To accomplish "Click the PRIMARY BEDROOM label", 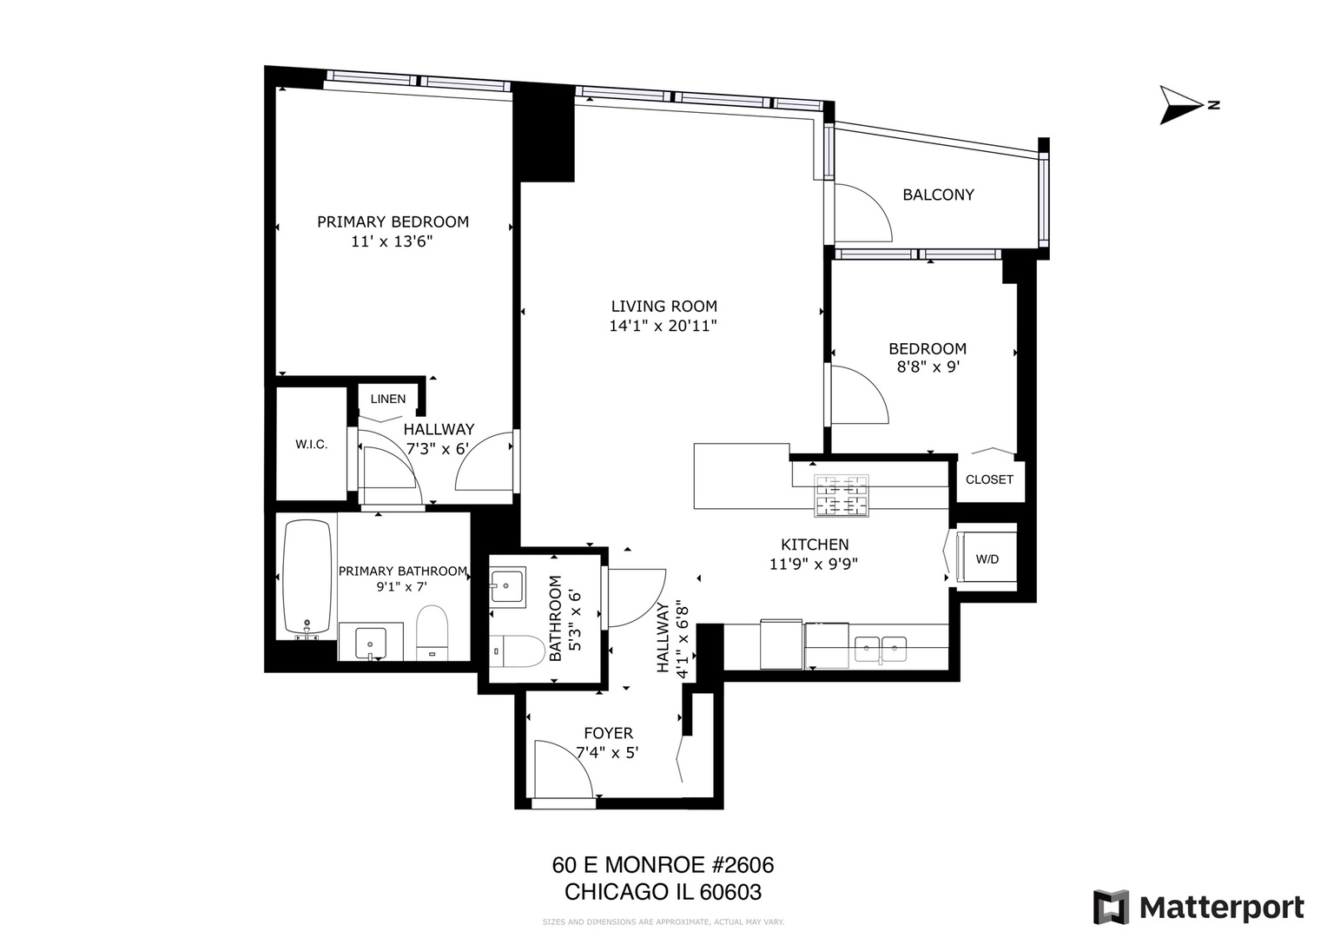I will tap(393, 221).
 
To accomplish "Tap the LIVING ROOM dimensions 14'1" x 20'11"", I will tap(663, 327).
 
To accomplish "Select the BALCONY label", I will tap(938, 195).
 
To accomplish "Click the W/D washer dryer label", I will tap(987, 559).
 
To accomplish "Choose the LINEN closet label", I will tap(388, 399).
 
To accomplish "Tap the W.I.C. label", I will tap(311, 445).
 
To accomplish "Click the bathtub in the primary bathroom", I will tap(307, 577).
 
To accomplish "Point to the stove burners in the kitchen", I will tap(841, 495).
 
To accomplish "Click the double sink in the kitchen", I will tap(881, 648).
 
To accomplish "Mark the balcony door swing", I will tap(862, 213).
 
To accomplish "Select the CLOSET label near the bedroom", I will tap(989, 479).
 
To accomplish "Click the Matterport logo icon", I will tap(1110, 908).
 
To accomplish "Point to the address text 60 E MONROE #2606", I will tap(663, 865).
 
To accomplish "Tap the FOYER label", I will tap(608, 733).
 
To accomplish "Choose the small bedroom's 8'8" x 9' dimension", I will tap(928, 367).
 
